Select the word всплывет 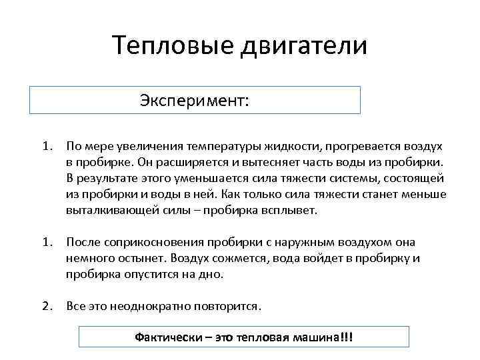click(x=292, y=211)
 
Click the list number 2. click(x=46, y=306)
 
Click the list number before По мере click(x=46, y=145)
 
